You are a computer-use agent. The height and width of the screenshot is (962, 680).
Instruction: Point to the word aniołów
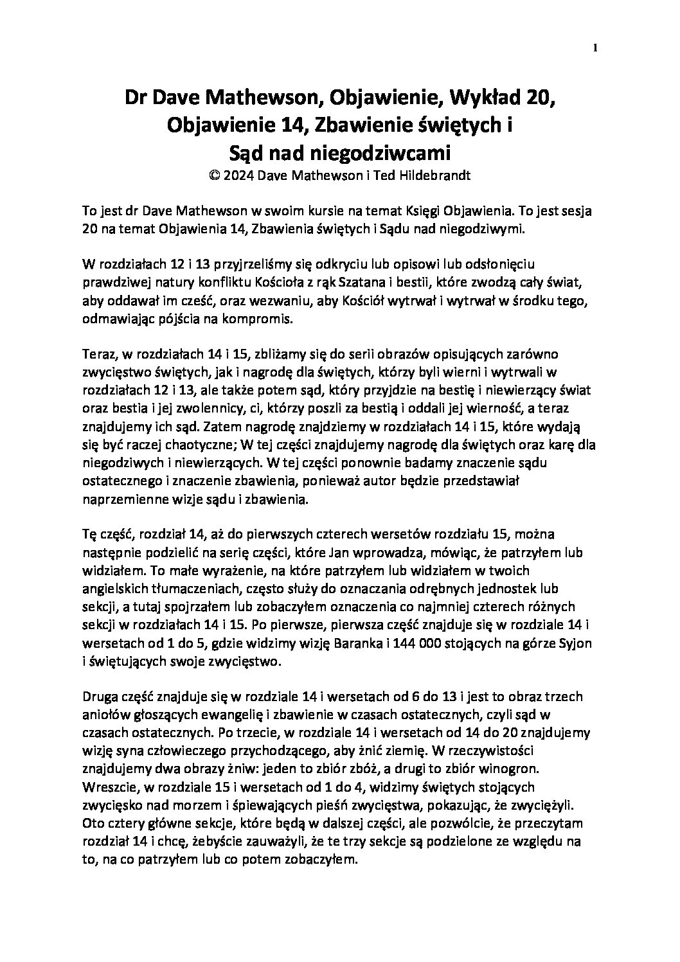103,715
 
